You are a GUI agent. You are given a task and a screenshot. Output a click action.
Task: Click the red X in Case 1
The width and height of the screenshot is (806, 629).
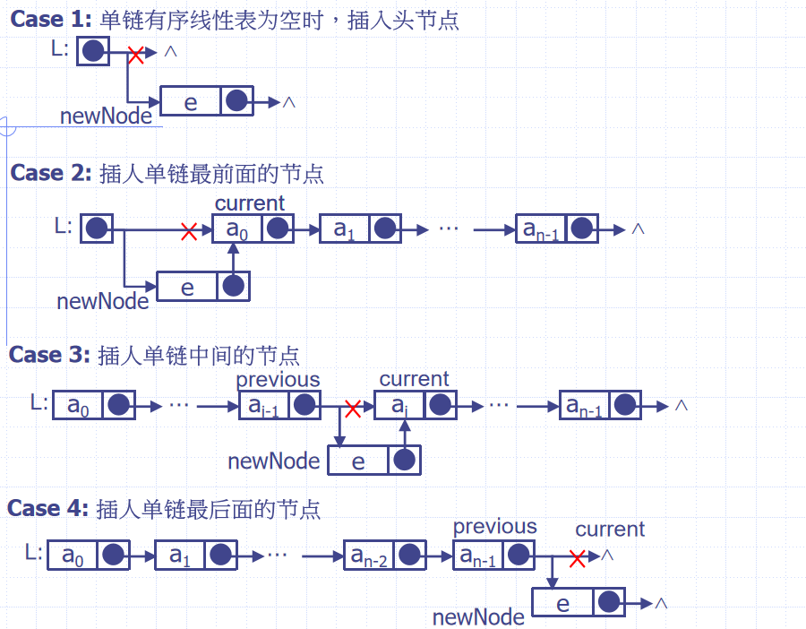tap(136, 55)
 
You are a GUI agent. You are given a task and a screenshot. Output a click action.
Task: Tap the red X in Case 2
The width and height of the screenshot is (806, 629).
tap(189, 231)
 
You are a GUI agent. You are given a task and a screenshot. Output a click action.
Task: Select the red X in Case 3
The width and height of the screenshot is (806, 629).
tap(353, 409)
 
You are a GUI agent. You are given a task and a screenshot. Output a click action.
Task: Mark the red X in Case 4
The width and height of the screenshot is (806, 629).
tap(578, 558)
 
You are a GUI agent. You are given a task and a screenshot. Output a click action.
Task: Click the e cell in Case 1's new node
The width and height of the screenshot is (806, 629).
tap(191, 101)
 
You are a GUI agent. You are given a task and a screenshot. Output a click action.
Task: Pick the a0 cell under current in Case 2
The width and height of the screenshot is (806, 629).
tap(237, 228)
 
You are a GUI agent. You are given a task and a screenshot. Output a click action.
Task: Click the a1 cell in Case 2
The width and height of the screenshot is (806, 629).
tap(345, 228)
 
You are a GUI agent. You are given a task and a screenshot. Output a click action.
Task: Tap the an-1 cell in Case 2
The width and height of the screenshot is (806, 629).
tap(541, 228)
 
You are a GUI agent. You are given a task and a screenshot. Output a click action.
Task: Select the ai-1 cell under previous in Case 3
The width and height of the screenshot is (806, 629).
tap(264, 405)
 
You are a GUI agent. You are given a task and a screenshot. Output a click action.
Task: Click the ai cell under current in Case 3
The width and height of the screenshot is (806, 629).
tap(399, 405)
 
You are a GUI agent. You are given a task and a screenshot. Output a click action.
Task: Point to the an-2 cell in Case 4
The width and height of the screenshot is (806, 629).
tap(369, 555)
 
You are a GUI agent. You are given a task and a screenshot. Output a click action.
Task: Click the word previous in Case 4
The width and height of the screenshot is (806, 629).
tap(494, 527)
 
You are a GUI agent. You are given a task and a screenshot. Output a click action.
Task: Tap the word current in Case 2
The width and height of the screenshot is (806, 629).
tap(249, 203)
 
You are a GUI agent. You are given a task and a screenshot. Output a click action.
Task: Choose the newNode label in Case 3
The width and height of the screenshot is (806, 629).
tap(273, 461)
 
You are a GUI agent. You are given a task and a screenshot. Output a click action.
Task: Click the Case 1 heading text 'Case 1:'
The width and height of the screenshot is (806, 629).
tap(51, 19)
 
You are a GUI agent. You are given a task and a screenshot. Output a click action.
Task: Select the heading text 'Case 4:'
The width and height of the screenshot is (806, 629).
tap(47, 508)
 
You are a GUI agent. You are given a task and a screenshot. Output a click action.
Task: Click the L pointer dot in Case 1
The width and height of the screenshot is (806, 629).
tap(93, 51)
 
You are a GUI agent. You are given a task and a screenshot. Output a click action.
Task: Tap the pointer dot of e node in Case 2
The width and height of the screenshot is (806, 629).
tap(234, 286)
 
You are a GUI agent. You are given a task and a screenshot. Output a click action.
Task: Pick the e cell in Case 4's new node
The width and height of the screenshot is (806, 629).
tap(563, 602)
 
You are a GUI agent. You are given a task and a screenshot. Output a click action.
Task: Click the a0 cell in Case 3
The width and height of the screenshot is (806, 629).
tap(78, 405)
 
